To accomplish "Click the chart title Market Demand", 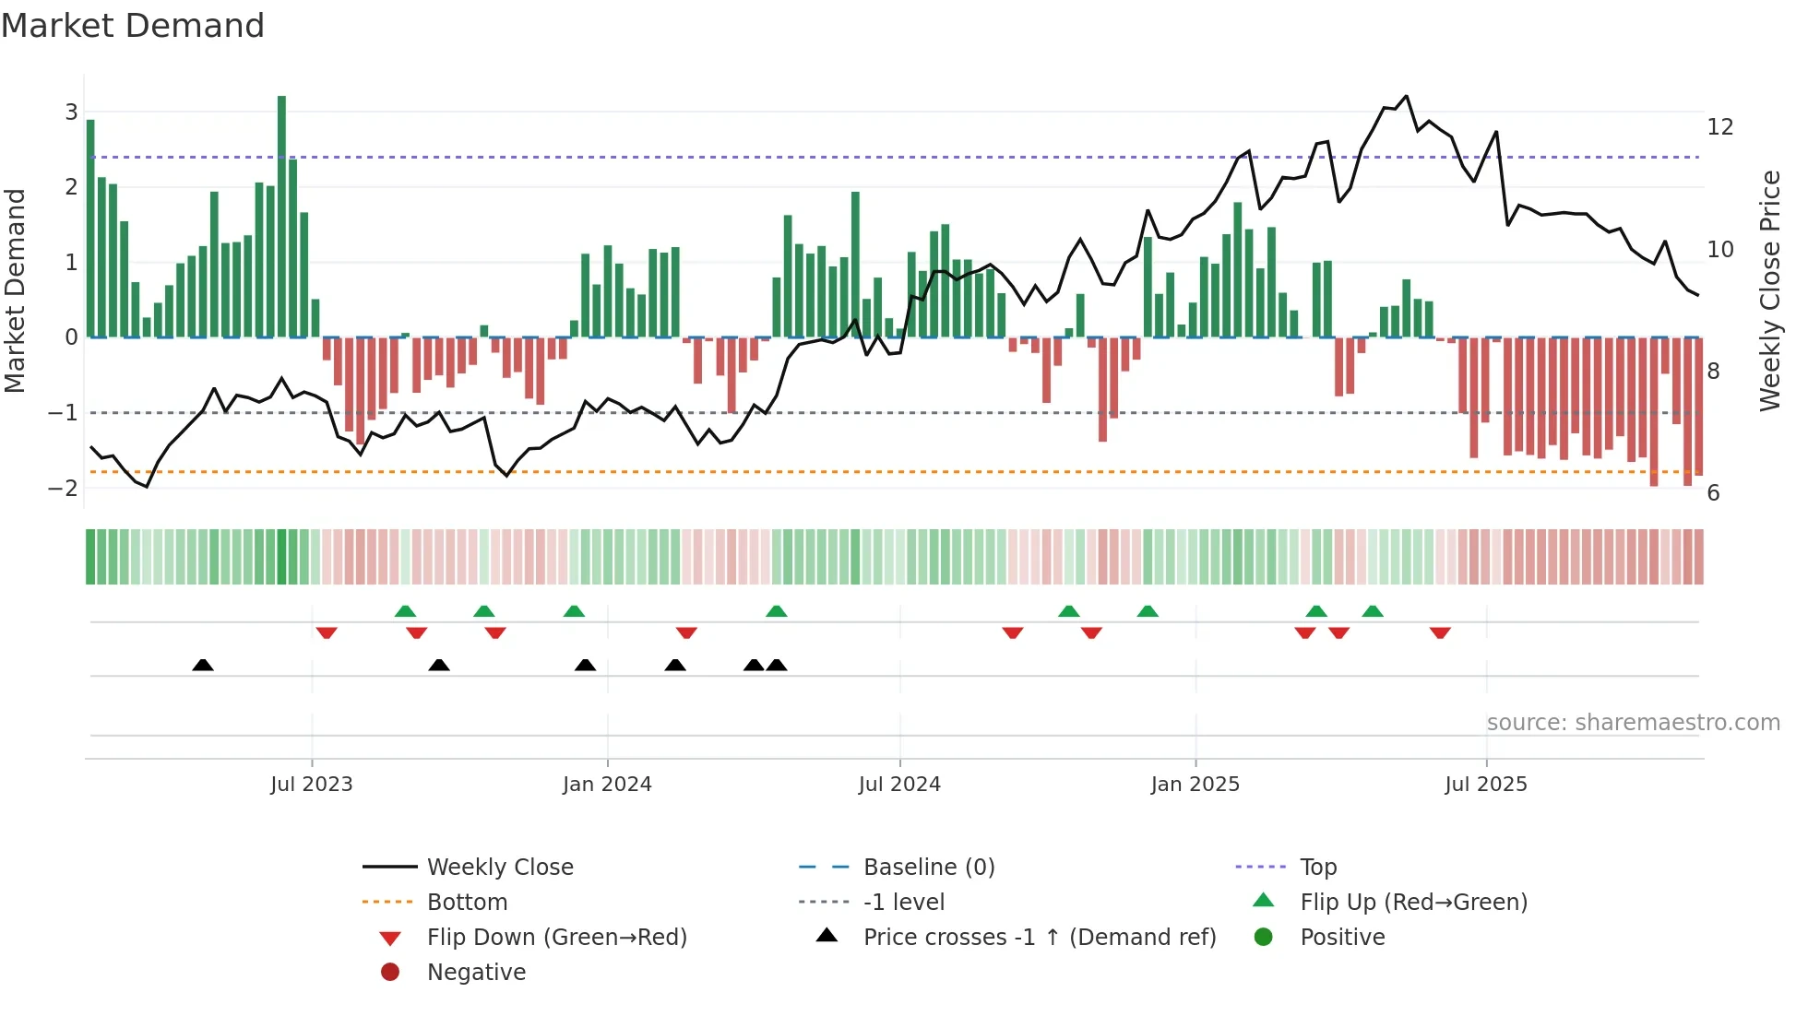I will [133, 26].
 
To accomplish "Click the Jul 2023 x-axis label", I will [311, 785].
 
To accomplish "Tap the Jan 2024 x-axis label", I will [607, 785].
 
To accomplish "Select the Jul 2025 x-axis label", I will [1485, 785].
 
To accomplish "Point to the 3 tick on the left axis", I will [71, 112].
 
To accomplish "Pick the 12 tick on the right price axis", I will [1719, 127].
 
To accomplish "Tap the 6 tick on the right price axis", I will [1713, 493].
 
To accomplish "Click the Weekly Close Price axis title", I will [1769, 290].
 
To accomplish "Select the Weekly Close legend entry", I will [499, 868].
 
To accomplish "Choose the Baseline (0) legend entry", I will [928, 868].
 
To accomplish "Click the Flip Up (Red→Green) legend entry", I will [1412, 903].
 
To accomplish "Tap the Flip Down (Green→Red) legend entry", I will [556, 938].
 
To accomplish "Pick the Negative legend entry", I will [476, 973].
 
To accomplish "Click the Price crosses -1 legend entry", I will [1039, 938].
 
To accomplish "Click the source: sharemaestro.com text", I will [1633, 723].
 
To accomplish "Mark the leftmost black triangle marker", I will [203, 665].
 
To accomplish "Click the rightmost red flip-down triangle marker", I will [1440, 632].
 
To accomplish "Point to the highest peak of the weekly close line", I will [1406, 96].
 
